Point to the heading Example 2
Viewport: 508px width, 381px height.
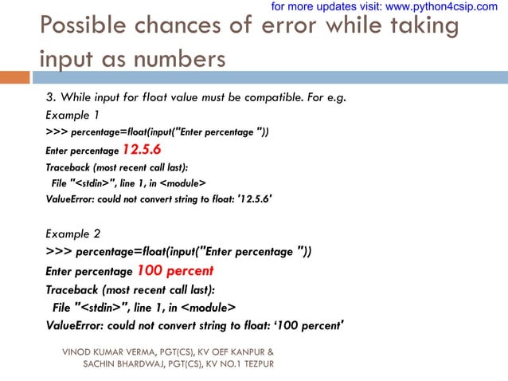[73, 234]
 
